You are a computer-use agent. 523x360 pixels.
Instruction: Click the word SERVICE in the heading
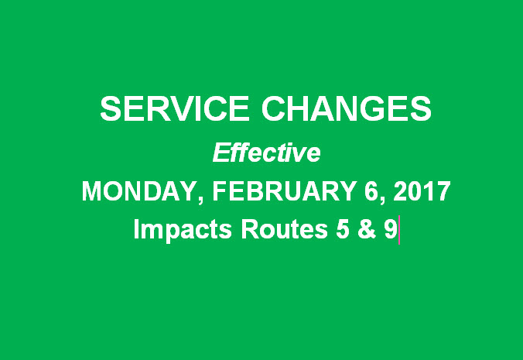174,108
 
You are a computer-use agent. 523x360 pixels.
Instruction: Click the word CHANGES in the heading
347,108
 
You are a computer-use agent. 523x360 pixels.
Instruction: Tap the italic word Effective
266,153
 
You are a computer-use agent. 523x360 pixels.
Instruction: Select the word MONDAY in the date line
138,191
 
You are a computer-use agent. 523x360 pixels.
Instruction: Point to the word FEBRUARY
285,191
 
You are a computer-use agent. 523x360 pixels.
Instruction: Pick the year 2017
422,191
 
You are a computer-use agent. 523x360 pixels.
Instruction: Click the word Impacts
183,230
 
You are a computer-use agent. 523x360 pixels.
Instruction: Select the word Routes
284,229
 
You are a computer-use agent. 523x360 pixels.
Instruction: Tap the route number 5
343,229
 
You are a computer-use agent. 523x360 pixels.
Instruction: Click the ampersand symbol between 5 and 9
366,229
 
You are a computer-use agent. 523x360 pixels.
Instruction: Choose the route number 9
391,229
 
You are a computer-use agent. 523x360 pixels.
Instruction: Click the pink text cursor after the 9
399,230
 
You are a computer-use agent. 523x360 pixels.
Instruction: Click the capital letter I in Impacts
136,229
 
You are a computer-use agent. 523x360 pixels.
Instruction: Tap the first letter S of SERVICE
110,108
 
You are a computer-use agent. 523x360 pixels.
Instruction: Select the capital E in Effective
221,153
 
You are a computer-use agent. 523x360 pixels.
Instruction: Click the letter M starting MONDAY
91,191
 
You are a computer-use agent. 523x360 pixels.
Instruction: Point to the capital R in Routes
249,229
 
